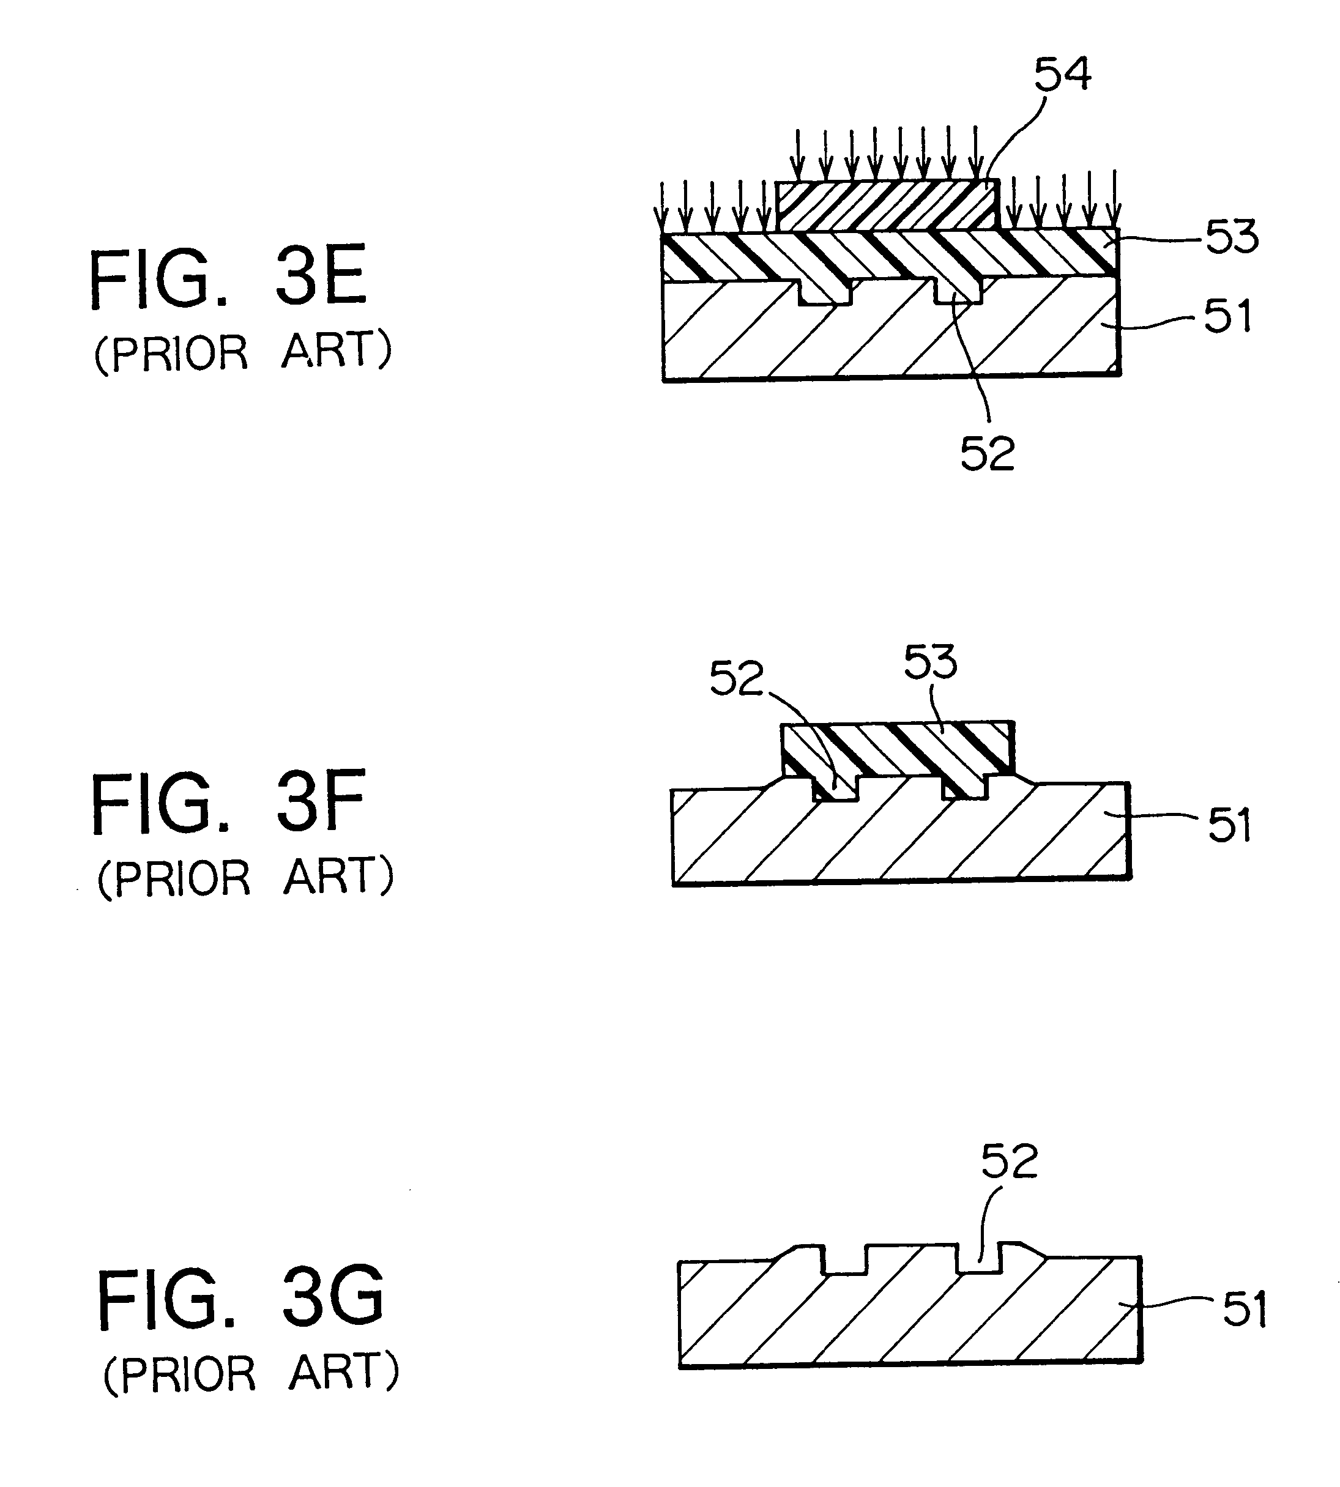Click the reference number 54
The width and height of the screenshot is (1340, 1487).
tap(1062, 75)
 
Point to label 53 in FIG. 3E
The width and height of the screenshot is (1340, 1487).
tap(1231, 237)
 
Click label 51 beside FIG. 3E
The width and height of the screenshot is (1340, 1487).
tap(1227, 316)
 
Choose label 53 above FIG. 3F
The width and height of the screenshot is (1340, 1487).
tap(931, 662)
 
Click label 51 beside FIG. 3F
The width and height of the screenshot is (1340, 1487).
tap(1230, 825)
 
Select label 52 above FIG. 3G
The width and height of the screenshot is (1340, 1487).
tap(1009, 1162)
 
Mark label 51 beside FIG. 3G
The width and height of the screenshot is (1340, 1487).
tap(1245, 1310)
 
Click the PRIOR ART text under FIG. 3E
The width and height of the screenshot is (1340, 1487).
tap(243, 352)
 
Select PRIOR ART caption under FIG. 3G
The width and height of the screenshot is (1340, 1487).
tap(250, 1374)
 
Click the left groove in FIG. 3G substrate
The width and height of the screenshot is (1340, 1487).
tap(844, 1263)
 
